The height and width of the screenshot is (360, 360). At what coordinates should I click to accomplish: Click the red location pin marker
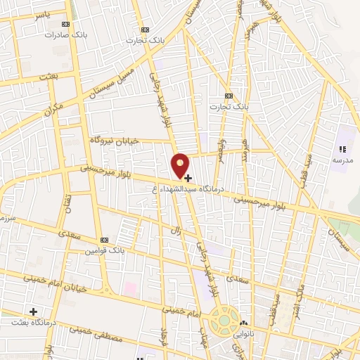pyautogui.click(x=181, y=165)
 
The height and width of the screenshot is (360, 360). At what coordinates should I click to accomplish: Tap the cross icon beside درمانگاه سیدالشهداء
pyautogui.click(x=188, y=178)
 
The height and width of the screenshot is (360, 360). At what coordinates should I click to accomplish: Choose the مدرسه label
pyautogui.click(x=342, y=160)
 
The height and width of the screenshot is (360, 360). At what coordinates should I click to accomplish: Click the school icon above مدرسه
pyautogui.click(x=342, y=149)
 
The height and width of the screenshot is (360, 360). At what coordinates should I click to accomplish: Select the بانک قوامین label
pyautogui.click(x=104, y=250)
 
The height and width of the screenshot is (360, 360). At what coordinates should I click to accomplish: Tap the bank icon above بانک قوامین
pyautogui.click(x=104, y=240)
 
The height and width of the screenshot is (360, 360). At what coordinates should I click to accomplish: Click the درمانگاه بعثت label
pyautogui.click(x=34, y=322)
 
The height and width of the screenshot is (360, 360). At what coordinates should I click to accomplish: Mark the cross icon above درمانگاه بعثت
pyautogui.click(x=33, y=311)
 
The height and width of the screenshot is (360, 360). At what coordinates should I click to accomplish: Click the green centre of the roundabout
pyautogui.click(x=224, y=321)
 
